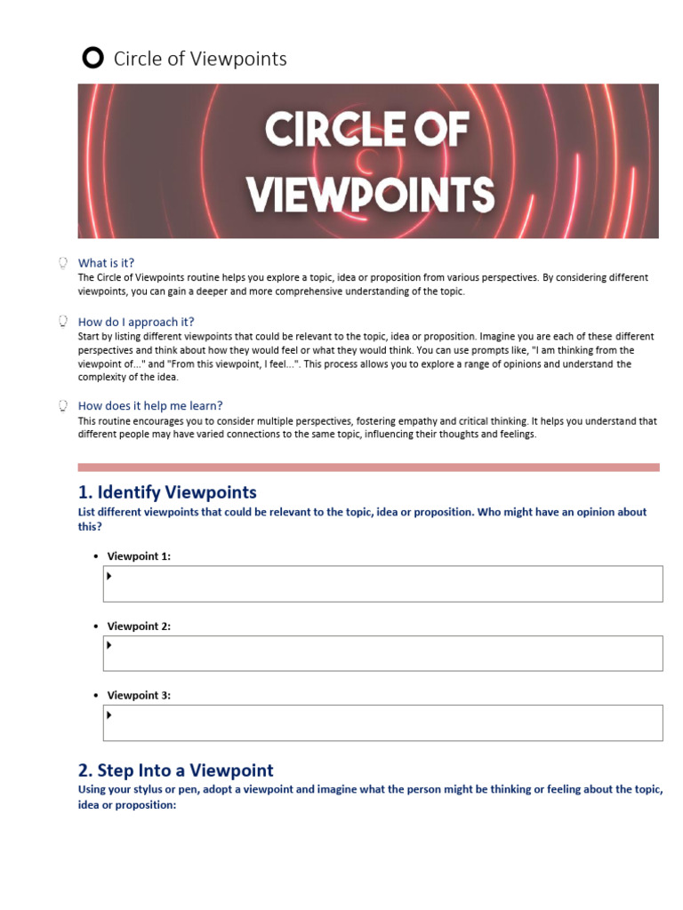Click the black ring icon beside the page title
tap(92, 59)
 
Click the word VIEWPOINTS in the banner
tap(369, 194)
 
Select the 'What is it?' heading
tap(106, 263)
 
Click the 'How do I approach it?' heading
tap(136, 322)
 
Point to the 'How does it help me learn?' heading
tap(150, 406)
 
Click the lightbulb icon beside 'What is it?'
tap(63, 263)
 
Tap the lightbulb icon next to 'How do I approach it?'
tap(63, 322)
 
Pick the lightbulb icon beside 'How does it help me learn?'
tap(63, 406)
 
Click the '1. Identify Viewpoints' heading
tap(167, 492)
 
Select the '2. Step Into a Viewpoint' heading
tap(176, 770)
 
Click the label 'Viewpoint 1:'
tap(139, 556)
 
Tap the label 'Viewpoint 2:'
tap(139, 627)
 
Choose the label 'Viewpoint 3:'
tap(139, 696)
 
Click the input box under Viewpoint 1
tap(382, 584)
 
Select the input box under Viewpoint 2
tap(382, 653)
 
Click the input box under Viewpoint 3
tap(382, 722)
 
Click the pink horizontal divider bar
tap(368, 467)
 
